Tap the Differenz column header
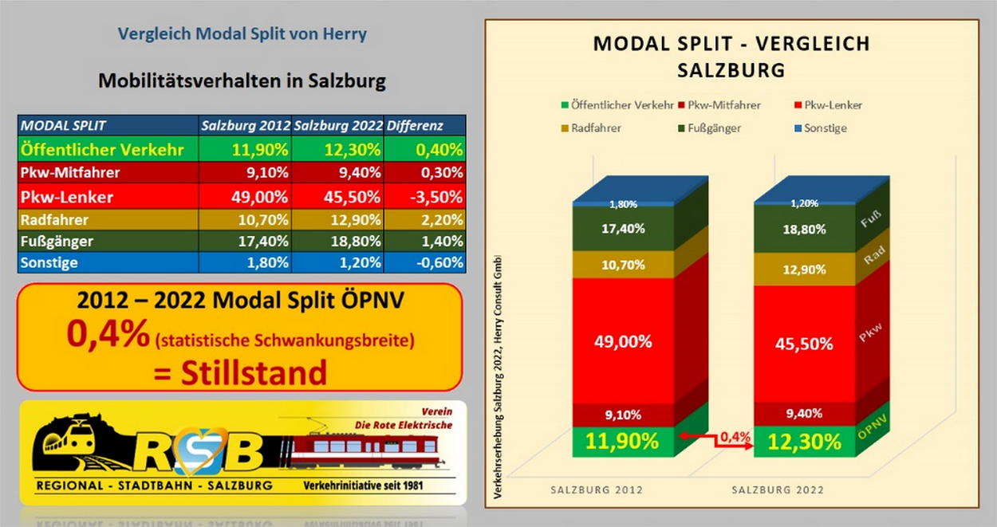click(x=415, y=126)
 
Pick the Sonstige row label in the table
click(x=49, y=262)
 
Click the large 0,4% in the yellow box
click(x=108, y=336)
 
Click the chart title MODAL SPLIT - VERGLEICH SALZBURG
click(x=731, y=56)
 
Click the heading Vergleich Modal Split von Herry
click(x=242, y=34)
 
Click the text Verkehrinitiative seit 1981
click(x=363, y=486)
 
